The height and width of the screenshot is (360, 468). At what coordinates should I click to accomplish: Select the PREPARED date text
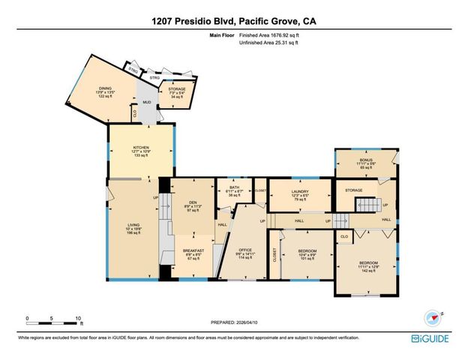pyautogui.click(x=233, y=323)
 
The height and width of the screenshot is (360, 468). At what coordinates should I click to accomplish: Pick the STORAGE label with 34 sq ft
pyautogui.click(x=177, y=93)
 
